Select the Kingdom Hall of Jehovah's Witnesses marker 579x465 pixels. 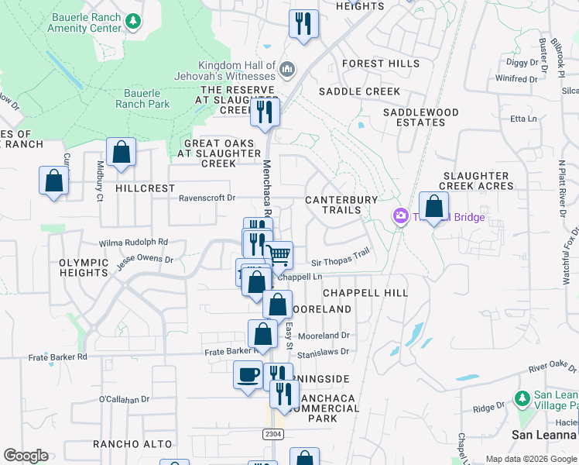(287, 71)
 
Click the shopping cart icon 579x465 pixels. (279, 253)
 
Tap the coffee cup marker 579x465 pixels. (248, 375)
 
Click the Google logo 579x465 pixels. (26, 456)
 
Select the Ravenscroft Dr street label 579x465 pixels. (207, 198)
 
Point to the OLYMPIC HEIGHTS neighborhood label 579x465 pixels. (83, 268)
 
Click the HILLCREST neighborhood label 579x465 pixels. (139, 188)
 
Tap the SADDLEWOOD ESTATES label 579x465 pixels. (421, 117)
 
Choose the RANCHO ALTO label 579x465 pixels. (126, 444)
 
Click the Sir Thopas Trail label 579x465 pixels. (341, 257)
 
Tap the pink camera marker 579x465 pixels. (401, 216)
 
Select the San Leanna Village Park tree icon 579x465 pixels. (522, 398)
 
